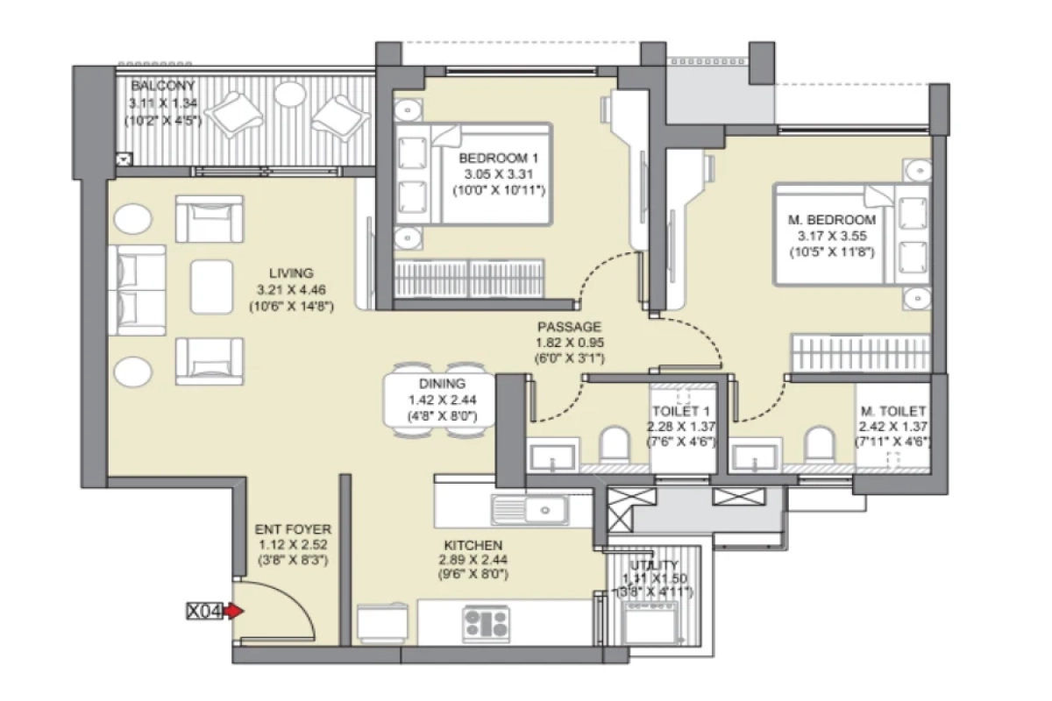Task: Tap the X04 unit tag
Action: coord(204,611)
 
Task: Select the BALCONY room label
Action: coord(162,86)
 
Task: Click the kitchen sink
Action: coord(530,508)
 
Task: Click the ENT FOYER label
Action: coord(293,529)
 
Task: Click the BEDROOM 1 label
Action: coord(499,159)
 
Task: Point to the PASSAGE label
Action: coord(571,326)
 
